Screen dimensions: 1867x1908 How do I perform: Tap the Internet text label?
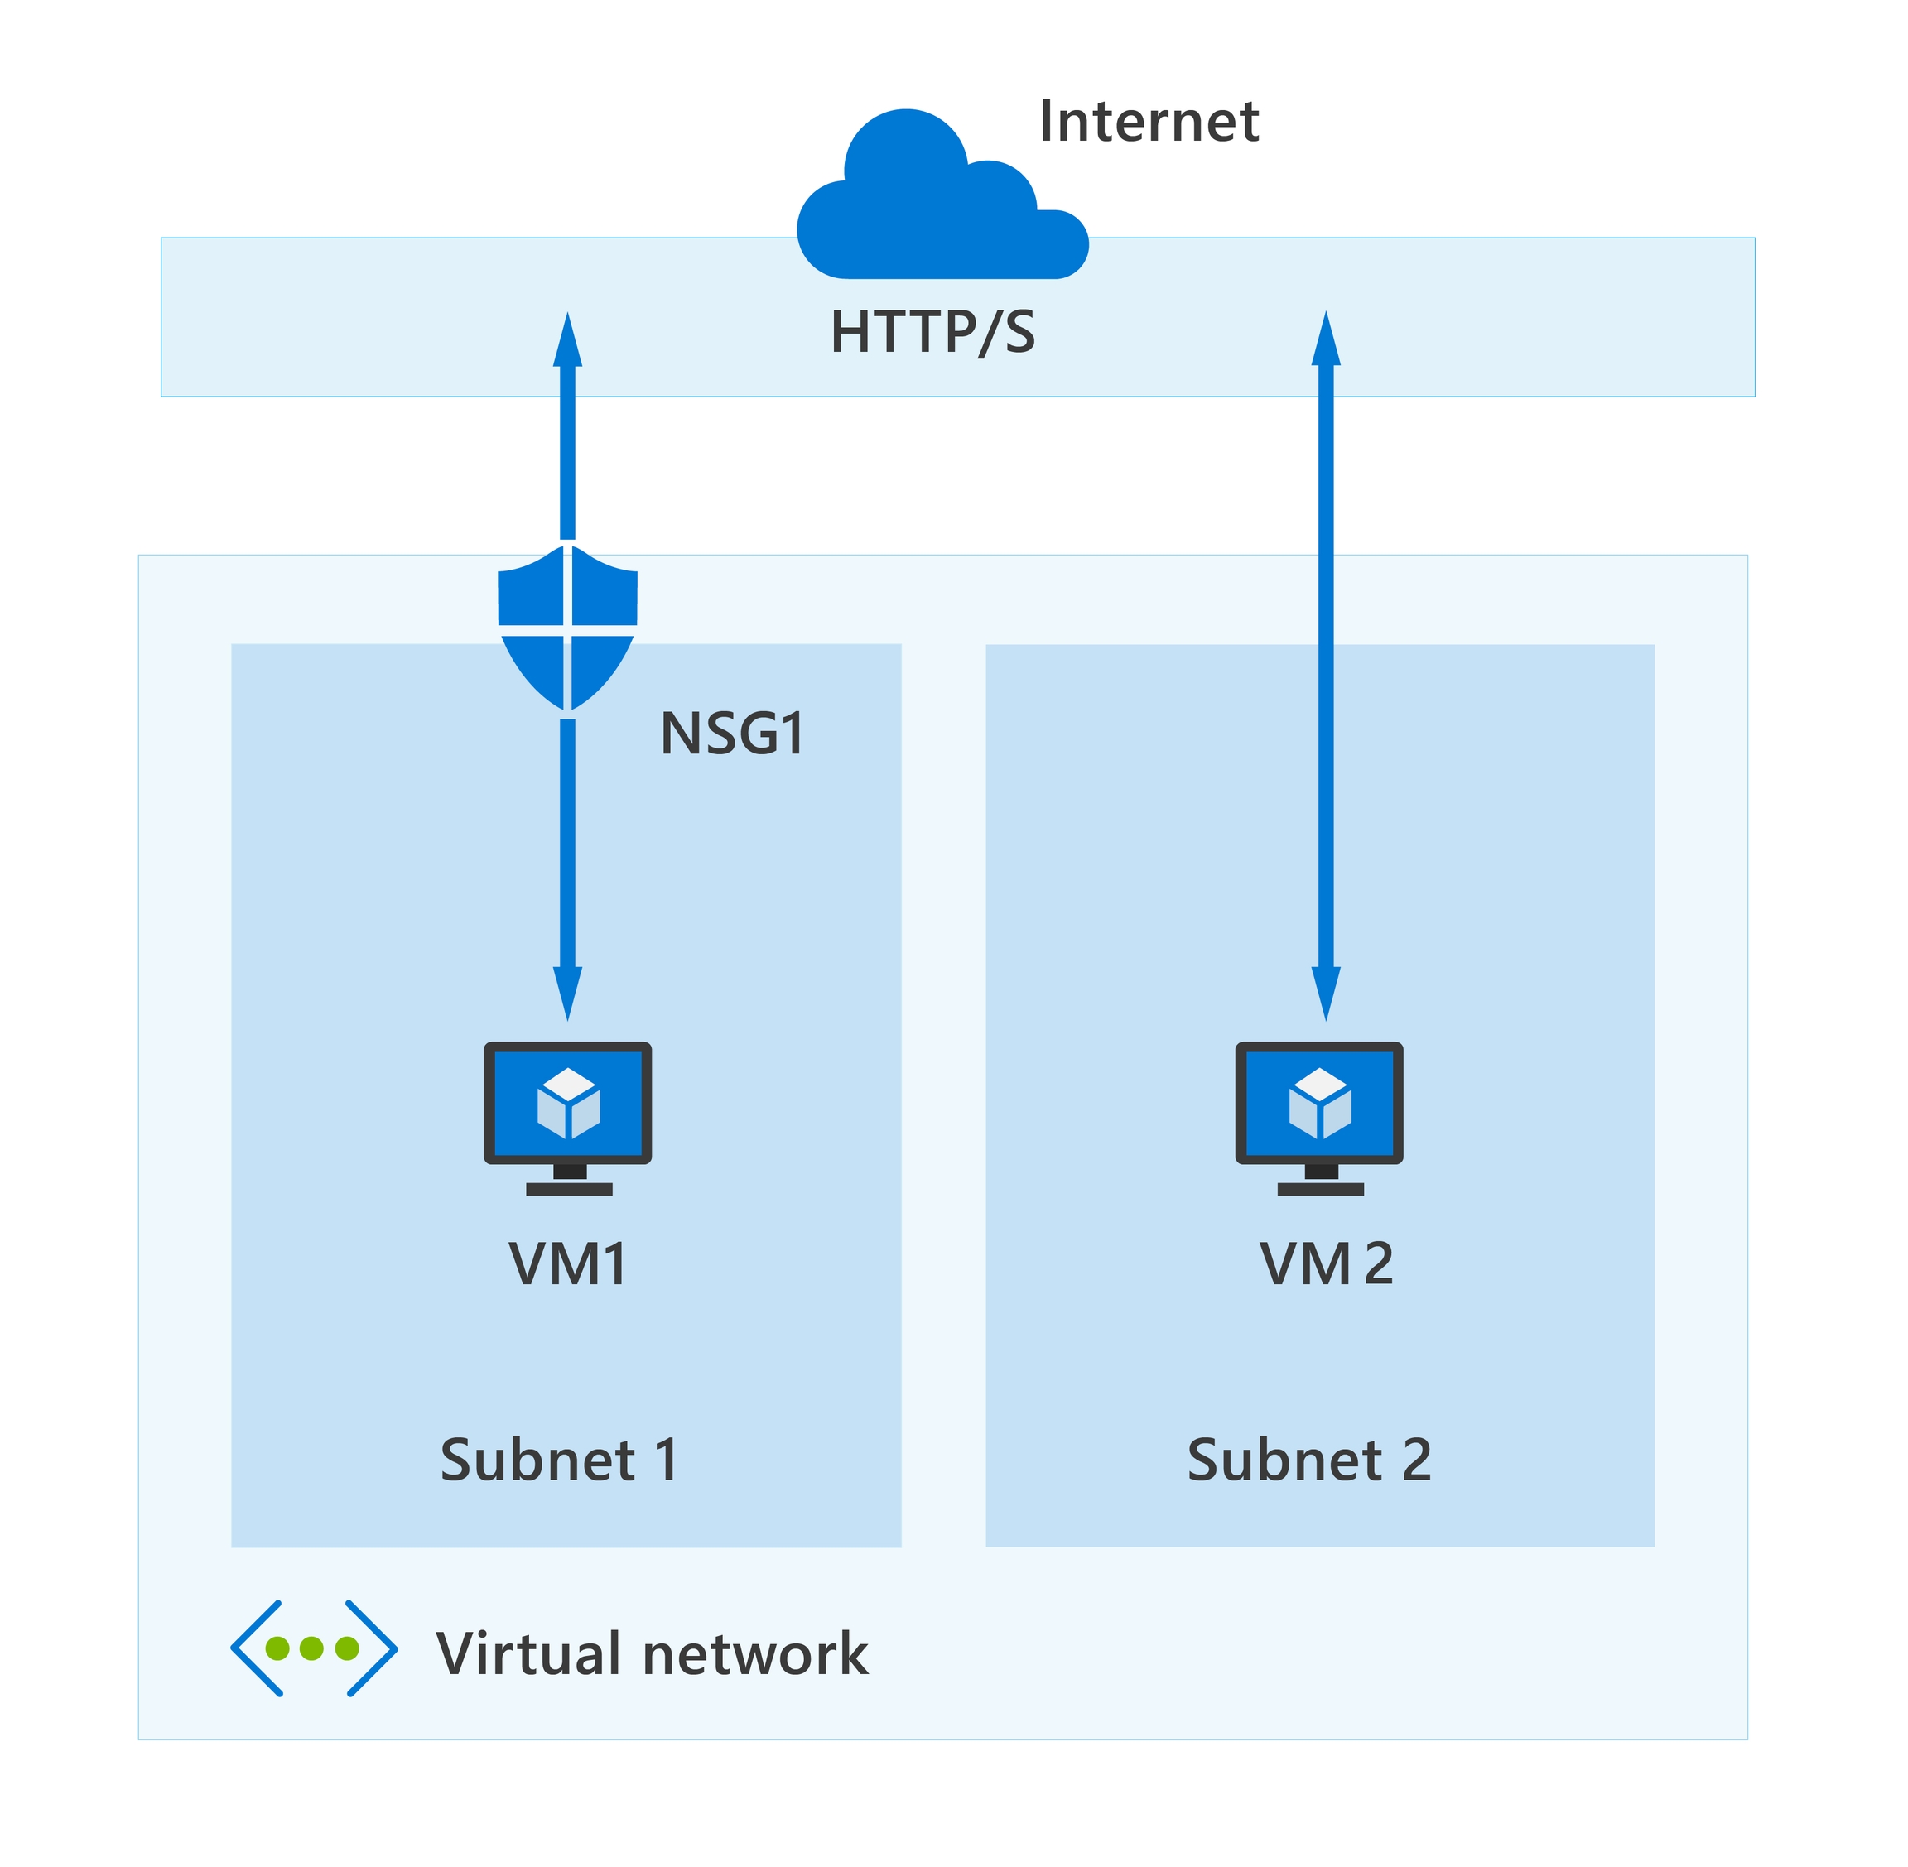tap(1148, 122)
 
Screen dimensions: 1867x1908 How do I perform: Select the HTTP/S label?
tap(932, 332)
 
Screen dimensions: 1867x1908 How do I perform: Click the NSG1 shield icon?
tap(567, 628)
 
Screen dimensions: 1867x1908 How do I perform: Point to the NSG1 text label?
tap(733, 734)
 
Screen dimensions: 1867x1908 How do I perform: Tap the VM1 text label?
tap(567, 1264)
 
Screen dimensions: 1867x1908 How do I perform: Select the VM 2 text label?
tap(1325, 1264)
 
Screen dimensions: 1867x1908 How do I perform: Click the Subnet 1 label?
tap(558, 1460)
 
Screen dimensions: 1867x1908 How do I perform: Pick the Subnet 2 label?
tap(1308, 1460)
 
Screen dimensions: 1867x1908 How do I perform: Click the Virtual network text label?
tap(652, 1654)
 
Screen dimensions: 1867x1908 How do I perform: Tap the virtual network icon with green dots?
tap(313, 1648)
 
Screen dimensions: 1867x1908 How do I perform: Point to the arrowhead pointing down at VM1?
tap(567, 993)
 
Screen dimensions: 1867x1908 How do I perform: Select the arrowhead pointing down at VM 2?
tap(1325, 993)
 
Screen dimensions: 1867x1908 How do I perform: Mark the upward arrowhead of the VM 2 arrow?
tap(1325, 339)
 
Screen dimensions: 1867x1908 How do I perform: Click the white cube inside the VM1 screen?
tap(568, 1103)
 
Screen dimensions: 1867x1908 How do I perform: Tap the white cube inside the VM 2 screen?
tap(1319, 1103)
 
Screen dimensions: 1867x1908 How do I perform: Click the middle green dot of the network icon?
tap(312, 1648)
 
